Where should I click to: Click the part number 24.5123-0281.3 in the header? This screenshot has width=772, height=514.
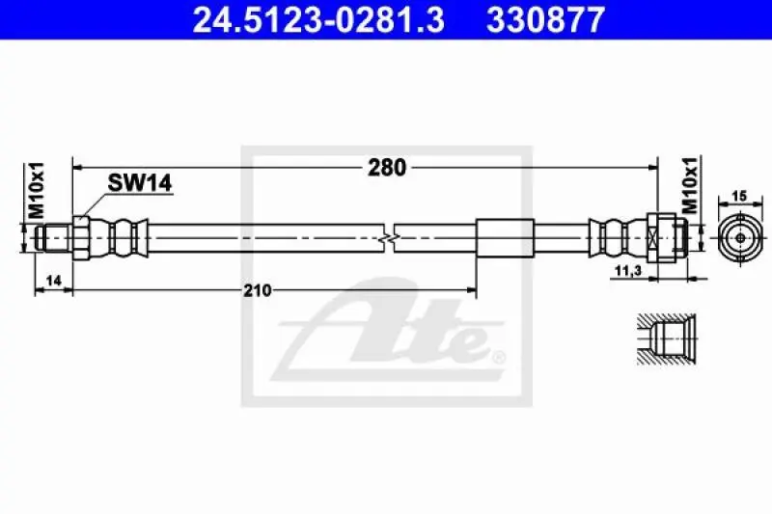point(318,19)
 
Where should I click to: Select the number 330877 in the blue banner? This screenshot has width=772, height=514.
point(545,19)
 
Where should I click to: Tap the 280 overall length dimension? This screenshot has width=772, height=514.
point(388,168)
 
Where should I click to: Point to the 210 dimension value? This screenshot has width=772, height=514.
point(258,290)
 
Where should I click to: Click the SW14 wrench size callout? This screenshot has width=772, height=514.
point(140,183)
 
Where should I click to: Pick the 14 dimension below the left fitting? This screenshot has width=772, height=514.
point(53,281)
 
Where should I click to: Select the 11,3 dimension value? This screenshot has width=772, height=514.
point(629,270)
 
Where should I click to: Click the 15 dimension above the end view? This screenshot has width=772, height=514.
point(739,196)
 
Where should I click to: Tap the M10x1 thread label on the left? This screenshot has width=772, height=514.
point(36,190)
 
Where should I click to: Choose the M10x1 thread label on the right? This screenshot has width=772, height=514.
point(691,185)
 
